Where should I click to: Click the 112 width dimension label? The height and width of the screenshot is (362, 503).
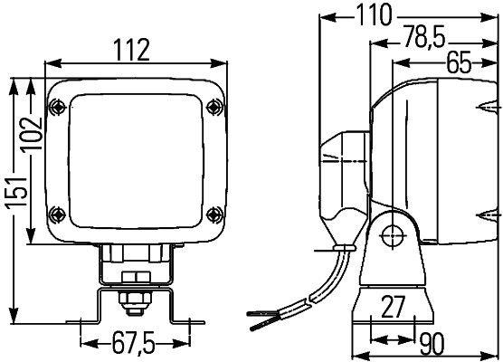[x=132, y=52]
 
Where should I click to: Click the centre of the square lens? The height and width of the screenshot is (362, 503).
[x=136, y=160]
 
